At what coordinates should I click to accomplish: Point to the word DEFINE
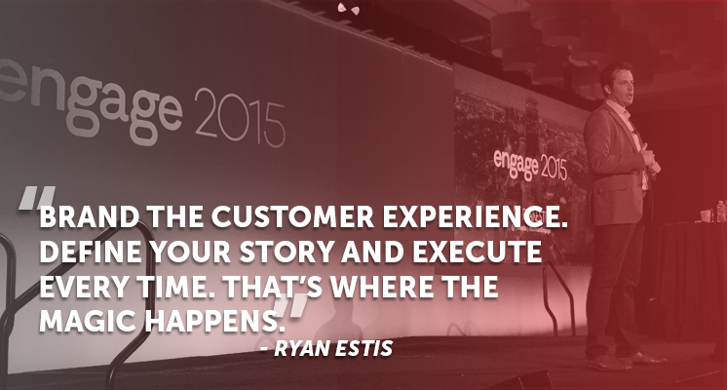tap(91, 252)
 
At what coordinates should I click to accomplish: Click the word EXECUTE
tap(478, 252)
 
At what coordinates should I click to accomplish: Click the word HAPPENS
tap(214, 321)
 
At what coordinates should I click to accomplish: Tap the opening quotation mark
tap(36, 198)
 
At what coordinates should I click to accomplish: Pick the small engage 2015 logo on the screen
tap(530, 165)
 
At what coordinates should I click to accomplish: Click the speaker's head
tap(616, 83)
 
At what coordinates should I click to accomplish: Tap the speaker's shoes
tap(626, 360)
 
